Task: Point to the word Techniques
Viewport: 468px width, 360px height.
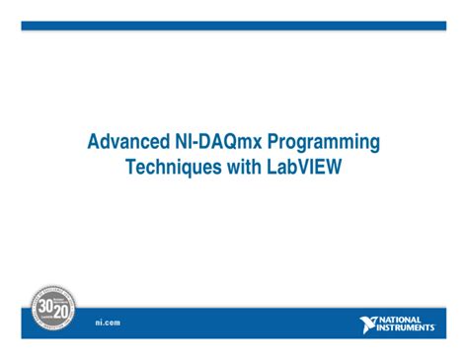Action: coord(172,169)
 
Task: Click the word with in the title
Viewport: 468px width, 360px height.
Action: coord(243,169)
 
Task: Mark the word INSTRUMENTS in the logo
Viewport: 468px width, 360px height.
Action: coord(406,328)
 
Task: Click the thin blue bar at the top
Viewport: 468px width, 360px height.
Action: coord(234,26)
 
